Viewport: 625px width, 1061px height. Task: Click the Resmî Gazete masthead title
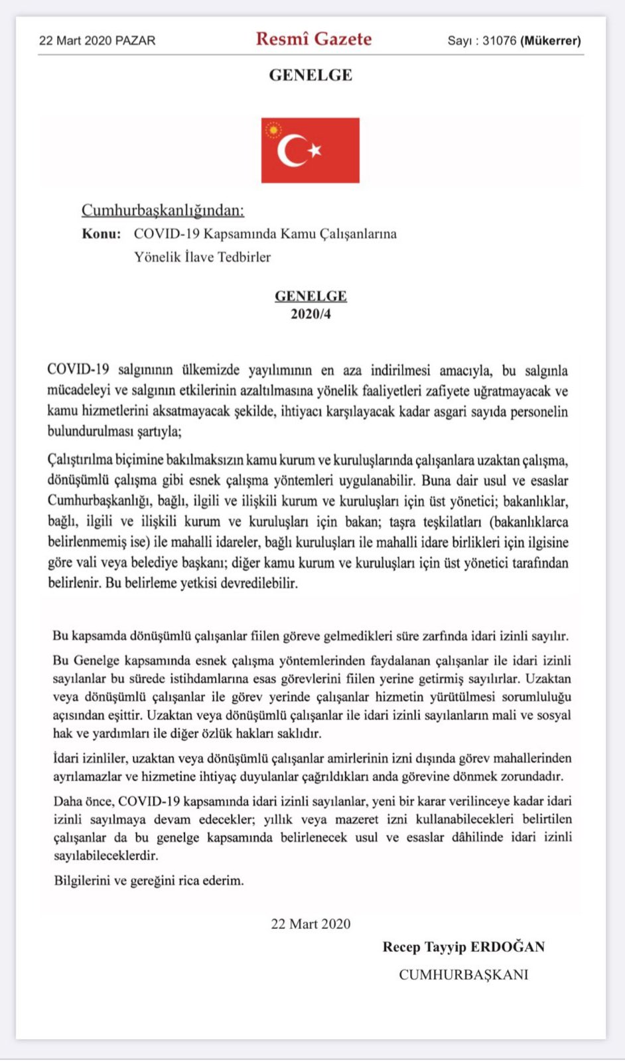313,38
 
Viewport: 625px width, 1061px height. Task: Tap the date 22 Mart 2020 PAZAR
97,40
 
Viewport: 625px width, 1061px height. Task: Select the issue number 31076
499,40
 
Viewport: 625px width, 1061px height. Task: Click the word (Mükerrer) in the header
551,40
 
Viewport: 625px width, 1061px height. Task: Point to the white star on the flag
315,150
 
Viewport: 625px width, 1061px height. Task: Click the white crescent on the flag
291,151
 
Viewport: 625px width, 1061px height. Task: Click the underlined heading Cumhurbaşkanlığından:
163,210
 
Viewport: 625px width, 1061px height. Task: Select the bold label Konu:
102,233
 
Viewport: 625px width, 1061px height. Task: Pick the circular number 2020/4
311,314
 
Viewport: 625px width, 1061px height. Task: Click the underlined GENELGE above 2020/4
311,296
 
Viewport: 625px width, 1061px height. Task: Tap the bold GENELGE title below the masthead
311,75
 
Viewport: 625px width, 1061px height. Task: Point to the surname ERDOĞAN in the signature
508,947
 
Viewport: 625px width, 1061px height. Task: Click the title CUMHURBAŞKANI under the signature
463,974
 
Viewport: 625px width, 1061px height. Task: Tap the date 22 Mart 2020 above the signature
311,924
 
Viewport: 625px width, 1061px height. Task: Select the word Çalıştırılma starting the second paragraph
80,460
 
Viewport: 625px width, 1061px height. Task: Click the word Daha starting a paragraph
68,801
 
